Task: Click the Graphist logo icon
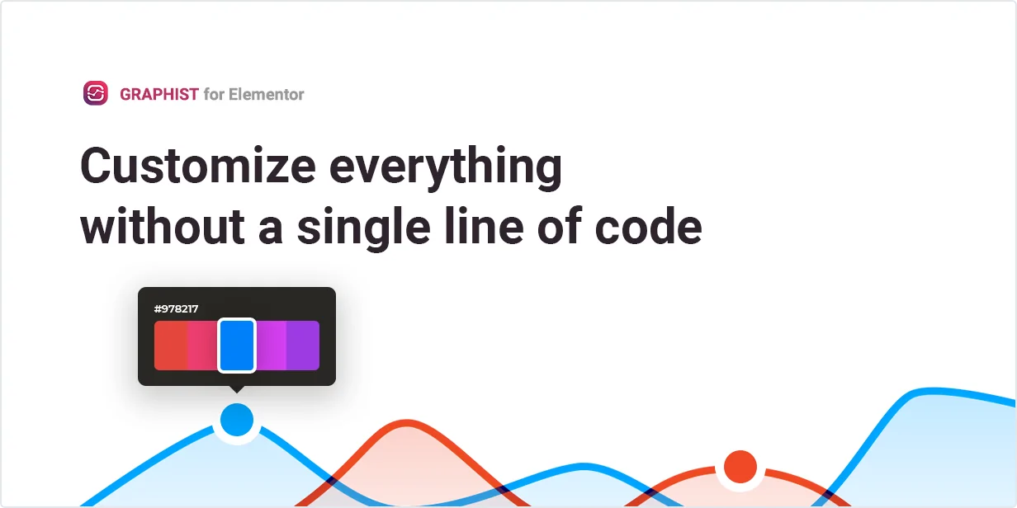pyautogui.click(x=96, y=93)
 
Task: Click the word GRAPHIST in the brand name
pyautogui.click(x=158, y=94)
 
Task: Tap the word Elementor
pyautogui.click(x=266, y=94)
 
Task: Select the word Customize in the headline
pyautogui.click(x=198, y=166)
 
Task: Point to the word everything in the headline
pyautogui.click(x=446, y=168)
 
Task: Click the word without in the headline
pyautogui.click(x=163, y=226)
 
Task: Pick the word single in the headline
pyautogui.click(x=364, y=228)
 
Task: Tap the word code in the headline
pyautogui.click(x=648, y=226)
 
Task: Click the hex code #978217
pyautogui.click(x=176, y=309)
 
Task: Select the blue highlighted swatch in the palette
pyautogui.click(x=237, y=346)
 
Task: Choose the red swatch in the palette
pyautogui.click(x=170, y=346)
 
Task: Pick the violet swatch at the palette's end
pyautogui.click(x=303, y=346)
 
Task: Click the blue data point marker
pyautogui.click(x=237, y=420)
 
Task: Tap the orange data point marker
pyautogui.click(x=740, y=467)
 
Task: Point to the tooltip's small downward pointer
pyautogui.click(x=237, y=389)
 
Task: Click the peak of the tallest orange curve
pyautogui.click(x=407, y=423)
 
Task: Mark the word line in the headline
pyautogui.click(x=484, y=226)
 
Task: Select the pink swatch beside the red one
pyautogui.click(x=202, y=346)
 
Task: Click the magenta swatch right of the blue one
pyautogui.click(x=271, y=346)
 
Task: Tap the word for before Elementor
pyautogui.click(x=214, y=94)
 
